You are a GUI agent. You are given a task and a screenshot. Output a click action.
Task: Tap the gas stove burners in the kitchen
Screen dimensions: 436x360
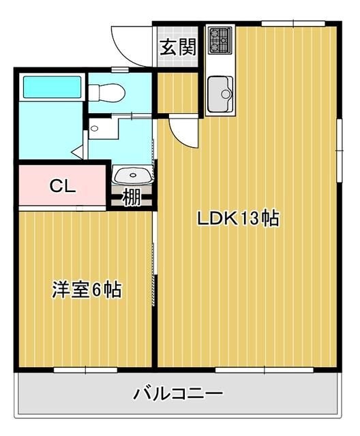click(220, 40)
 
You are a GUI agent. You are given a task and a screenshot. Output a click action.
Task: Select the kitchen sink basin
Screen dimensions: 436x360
click(220, 92)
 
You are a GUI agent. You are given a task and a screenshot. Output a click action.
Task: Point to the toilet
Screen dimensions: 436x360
click(108, 91)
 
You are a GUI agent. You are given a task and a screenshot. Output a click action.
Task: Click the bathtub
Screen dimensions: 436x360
click(52, 87)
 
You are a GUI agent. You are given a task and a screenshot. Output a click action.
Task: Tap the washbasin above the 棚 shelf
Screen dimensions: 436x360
click(132, 176)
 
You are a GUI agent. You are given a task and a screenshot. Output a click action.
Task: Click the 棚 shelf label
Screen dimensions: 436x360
click(132, 197)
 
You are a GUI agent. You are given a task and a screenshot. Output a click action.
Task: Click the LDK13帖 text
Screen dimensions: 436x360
click(237, 219)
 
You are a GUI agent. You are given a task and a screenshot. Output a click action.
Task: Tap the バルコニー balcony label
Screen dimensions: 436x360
click(178, 394)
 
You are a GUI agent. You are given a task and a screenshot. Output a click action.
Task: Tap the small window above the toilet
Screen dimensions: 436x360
click(120, 70)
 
